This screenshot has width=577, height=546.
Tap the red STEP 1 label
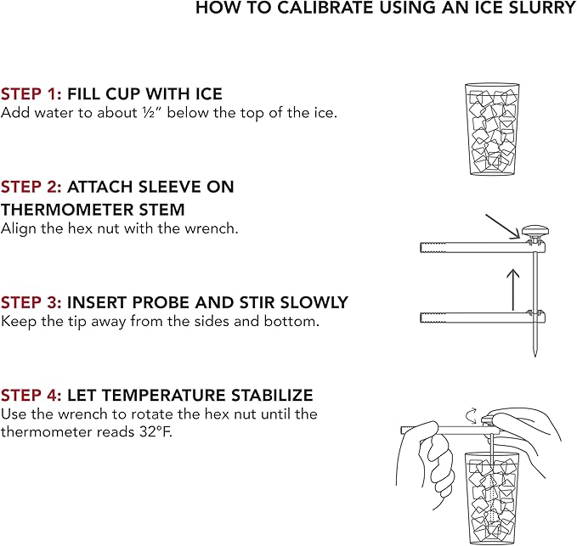point(31,93)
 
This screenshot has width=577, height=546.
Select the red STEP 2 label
point(31,187)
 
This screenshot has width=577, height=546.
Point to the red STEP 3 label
point(31,302)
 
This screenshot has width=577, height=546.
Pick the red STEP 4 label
point(31,395)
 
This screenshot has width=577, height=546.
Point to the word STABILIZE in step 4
point(272,395)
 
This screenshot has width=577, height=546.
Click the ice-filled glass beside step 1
point(492,129)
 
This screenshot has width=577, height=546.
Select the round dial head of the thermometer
point(535,232)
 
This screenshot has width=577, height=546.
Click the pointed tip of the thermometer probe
point(535,356)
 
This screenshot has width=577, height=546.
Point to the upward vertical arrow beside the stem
point(513,290)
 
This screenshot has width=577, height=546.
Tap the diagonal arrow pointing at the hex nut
point(503,227)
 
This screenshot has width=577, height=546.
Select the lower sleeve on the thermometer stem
point(483,317)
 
